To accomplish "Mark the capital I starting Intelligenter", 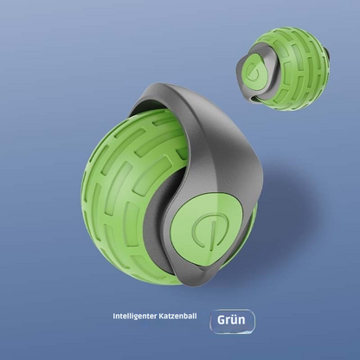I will [x=114, y=317].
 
